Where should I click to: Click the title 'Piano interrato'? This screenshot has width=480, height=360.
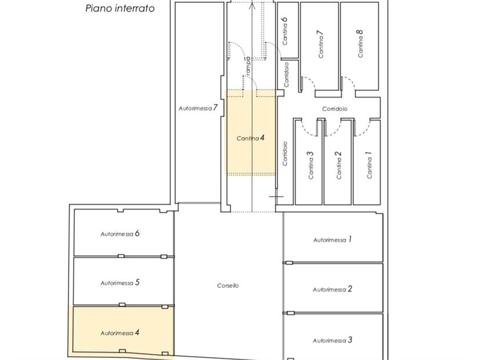(x=119, y=8)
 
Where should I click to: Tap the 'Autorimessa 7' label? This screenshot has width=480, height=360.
(x=198, y=108)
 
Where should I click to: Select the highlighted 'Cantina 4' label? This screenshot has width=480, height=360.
(x=250, y=138)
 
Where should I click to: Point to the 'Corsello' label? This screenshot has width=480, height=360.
(x=228, y=285)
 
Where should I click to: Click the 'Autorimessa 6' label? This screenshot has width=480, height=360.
(x=120, y=234)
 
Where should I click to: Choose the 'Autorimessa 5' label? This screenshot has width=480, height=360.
(x=120, y=282)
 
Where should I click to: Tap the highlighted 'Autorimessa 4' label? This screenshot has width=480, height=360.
(x=120, y=333)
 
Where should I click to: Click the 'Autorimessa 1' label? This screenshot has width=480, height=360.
(x=333, y=239)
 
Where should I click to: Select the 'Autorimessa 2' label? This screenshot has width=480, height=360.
(x=333, y=289)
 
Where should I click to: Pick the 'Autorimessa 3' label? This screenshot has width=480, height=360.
(x=333, y=340)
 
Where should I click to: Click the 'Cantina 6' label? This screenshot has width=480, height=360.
(x=285, y=31)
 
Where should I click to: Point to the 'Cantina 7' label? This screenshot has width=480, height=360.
(x=321, y=44)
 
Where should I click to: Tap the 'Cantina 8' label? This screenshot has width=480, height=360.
(x=361, y=43)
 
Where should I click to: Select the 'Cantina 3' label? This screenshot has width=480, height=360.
(x=310, y=165)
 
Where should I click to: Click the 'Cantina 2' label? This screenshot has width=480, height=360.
(x=338, y=165)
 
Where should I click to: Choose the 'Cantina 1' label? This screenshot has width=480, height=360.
(x=369, y=165)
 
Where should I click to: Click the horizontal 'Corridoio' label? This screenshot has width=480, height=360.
(x=335, y=109)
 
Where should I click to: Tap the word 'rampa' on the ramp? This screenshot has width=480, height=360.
(x=247, y=66)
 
